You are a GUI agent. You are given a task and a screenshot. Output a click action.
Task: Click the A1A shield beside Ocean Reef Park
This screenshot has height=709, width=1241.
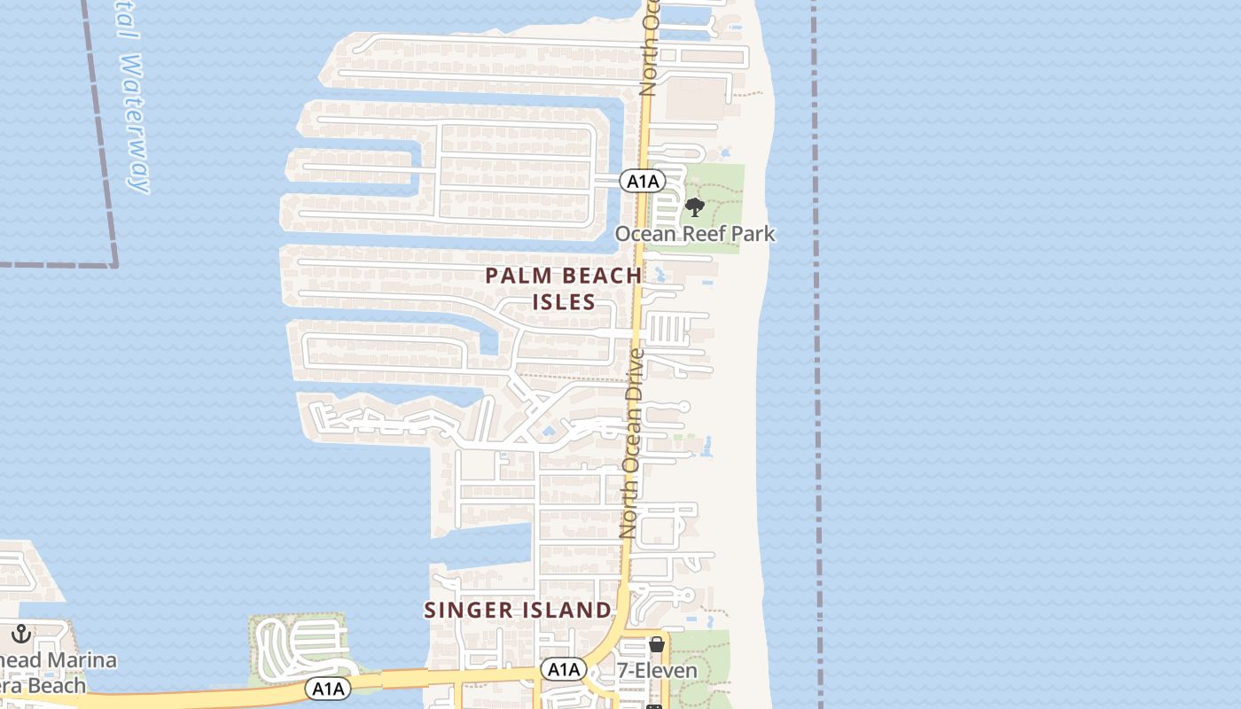[643, 182]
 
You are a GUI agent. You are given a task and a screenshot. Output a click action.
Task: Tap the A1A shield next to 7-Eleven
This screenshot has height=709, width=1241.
[564, 669]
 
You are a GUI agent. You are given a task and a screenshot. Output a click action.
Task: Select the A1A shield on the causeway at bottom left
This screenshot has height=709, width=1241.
[328, 689]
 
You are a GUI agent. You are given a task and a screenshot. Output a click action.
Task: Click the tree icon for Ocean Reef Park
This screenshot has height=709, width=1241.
[695, 208]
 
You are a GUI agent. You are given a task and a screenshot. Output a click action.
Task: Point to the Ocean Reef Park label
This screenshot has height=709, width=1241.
[695, 234]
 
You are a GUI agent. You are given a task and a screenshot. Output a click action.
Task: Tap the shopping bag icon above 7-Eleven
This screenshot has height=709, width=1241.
[657, 644]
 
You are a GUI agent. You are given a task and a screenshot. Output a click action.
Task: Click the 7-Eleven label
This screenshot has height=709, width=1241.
[657, 671]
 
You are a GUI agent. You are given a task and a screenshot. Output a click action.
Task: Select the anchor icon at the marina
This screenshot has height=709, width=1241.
[20, 634]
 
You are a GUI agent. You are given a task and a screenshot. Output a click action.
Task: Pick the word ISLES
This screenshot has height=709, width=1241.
[564, 302]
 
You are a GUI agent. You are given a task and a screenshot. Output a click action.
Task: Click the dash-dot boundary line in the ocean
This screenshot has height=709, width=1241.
[816, 354]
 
